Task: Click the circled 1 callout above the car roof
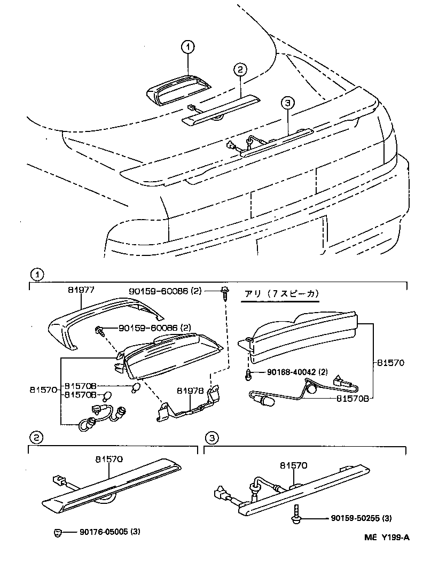187,48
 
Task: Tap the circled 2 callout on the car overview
240,69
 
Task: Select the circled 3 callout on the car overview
287,103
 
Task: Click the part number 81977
81,290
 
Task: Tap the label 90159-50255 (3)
361,518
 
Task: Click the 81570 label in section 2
109,458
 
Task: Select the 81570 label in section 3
293,465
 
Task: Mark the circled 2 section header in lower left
36,438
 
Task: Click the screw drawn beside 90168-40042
249,374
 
